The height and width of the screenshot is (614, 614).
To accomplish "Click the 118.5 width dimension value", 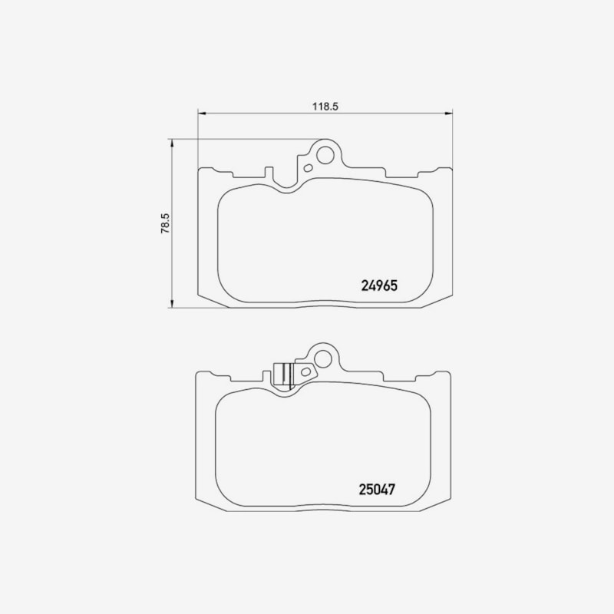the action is (325, 106).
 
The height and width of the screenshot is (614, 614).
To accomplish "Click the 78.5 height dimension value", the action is (166, 223).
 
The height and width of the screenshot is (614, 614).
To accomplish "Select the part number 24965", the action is (379, 286).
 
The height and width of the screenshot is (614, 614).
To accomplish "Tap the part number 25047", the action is (377, 489).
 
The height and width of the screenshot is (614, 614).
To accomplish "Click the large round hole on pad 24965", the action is (325, 155).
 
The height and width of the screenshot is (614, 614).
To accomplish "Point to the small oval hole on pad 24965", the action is (309, 168).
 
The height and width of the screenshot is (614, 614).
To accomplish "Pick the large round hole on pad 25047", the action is (322, 358).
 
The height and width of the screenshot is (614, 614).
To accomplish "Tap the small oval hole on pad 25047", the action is (305, 371).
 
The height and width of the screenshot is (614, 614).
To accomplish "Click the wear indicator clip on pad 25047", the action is (284, 375).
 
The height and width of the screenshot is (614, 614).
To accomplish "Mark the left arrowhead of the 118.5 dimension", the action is (202, 114).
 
